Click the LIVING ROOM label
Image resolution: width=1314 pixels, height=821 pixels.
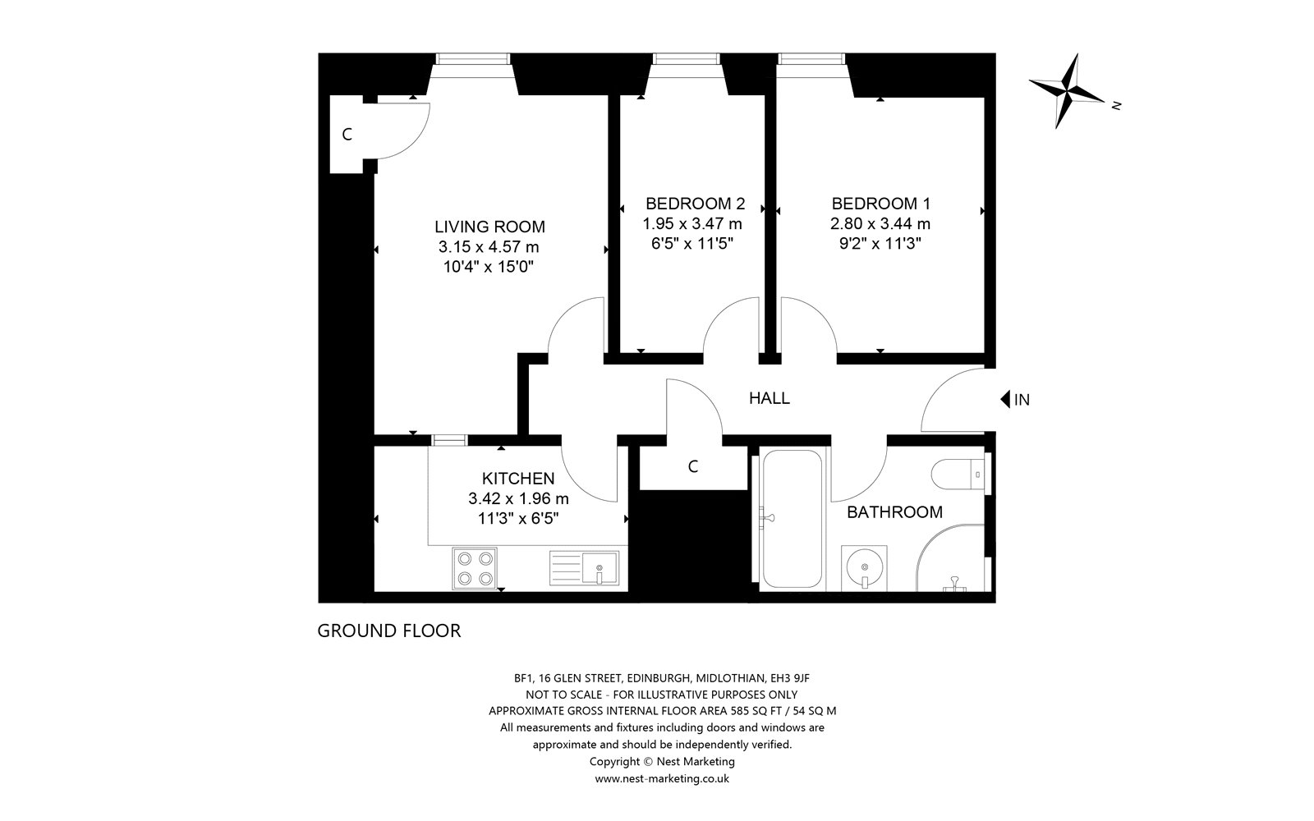(489, 227)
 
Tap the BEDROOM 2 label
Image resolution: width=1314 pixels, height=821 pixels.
(695, 204)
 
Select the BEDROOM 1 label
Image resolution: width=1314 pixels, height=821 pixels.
(881, 204)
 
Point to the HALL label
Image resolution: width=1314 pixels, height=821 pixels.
(769, 398)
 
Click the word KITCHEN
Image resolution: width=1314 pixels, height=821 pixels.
(518, 479)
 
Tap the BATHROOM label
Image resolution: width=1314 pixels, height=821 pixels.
(894, 512)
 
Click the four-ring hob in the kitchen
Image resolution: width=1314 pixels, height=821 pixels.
(475, 568)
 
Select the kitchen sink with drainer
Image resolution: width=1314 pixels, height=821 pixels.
(584, 567)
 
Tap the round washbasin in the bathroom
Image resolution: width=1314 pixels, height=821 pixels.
(864, 567)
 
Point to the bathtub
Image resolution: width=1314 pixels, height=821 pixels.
(792, 518)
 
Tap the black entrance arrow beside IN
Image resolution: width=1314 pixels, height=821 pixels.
(1004, 399)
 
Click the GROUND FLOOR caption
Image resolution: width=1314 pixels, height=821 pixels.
(389, 631)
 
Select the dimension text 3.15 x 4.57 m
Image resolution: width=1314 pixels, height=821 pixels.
(489, 247)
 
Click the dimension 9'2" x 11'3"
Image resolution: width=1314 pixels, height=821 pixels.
(880, 243)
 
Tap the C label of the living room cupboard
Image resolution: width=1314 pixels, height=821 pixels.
(347, 135)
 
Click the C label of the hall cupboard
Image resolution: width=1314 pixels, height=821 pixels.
(693, 466)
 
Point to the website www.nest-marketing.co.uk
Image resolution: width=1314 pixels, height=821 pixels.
(662, 779)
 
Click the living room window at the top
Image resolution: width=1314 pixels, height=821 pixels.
(473, 58)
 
